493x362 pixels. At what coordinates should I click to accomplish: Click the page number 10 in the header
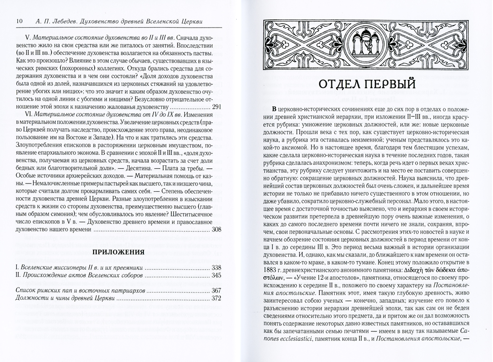19,21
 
